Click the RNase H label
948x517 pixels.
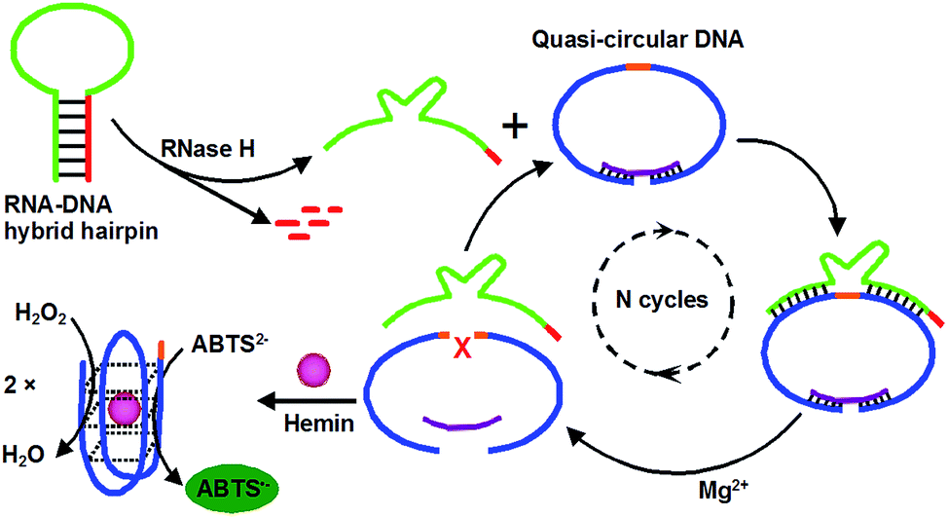pyautogui.click(x=207, y=148)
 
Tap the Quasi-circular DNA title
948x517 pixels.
pyautogui.click(x=638, y=39)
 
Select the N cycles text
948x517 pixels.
pyautogui.click(x=662, y=299)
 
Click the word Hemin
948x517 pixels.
pyautogui.click(x=318, y=424)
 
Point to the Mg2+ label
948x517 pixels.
pyautogui.click(x=723, y=489)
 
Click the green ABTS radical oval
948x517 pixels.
pyautogui.click(x=233, y=489)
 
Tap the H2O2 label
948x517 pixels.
pyautogui.click(x=41, y=314)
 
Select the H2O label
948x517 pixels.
pyautogui.click(x=23, y=455)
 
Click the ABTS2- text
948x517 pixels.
pyautogui.click(x=230, y=344)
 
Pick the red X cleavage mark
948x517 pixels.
pyautogui.click(x=462, y=348)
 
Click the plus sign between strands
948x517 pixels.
pyautogui.click(x=515, y=127)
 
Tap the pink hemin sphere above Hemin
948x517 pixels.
pyautogui.click(x=313, y=370)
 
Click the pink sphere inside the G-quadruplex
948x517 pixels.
pyautogui.click(x=125, y=408)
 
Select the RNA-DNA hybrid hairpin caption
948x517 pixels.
pyautogui.click(x=81, y=218)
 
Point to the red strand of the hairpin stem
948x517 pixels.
pyautogui.click(x=89, y=137)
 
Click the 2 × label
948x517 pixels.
pyautogui.click(x=19, y=386)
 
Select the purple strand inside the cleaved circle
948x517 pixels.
pyautogui.click(x=462, y=422)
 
